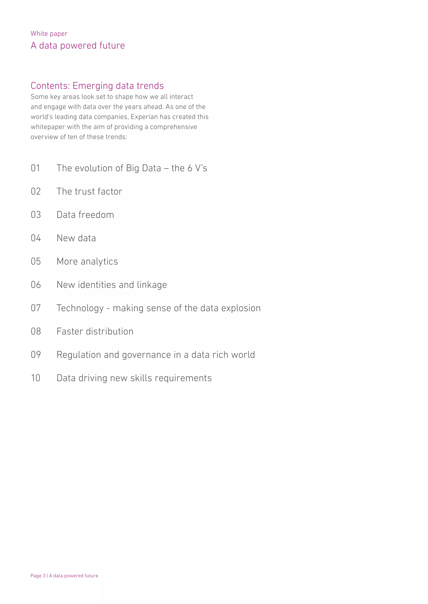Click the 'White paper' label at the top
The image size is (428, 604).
click(x=49, y=34)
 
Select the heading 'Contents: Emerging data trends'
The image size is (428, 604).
click(x=97, y=86)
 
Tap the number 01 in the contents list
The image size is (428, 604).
click(x=35, y=168)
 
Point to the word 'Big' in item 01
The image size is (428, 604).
click(x=132, y=168)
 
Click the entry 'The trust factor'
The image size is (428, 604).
click(x=89, y=191)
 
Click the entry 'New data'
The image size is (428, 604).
click(x=76, y=238)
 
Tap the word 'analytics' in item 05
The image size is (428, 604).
click(x=99, y=262)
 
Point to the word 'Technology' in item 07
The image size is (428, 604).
click(x=80, y=308)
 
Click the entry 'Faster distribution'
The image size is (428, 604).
click(x=95, y=331)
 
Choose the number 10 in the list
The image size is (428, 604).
click(x=36, y=378)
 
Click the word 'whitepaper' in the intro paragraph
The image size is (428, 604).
click(x=48, y=127)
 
